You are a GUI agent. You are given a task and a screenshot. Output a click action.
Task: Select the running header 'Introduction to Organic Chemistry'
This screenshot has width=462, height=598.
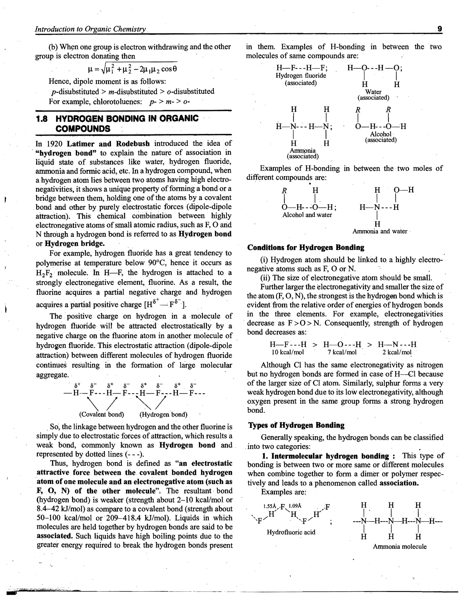coord(90,29)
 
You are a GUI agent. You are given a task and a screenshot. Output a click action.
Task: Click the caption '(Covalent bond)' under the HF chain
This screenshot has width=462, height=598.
coord(102,414)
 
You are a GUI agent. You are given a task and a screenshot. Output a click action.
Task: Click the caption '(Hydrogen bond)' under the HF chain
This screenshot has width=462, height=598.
coord(163,414)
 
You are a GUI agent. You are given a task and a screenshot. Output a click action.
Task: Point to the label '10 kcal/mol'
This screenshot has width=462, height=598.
coord(288,352)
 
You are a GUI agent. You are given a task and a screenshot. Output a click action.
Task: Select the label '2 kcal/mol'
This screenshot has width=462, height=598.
coord(397,352)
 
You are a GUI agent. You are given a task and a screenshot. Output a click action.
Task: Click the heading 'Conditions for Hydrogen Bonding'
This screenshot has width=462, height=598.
coord(306,248)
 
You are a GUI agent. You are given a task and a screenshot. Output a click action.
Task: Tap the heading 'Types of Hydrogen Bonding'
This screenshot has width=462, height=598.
coord(296,425)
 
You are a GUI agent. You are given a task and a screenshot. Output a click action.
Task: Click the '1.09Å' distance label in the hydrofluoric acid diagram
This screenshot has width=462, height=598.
coord(295,506)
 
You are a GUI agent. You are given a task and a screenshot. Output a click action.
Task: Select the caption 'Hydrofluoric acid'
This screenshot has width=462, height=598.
coord(291,532)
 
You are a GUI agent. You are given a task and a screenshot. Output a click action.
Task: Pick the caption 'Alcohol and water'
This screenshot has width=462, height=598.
coord(307,215)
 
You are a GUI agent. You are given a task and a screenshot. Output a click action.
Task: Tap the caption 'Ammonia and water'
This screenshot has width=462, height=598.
coord(380,231)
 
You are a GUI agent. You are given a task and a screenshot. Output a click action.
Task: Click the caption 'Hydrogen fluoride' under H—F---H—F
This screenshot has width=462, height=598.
coord(301,76)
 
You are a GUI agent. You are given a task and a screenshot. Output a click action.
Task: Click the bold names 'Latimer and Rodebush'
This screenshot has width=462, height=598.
coord(108,144)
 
